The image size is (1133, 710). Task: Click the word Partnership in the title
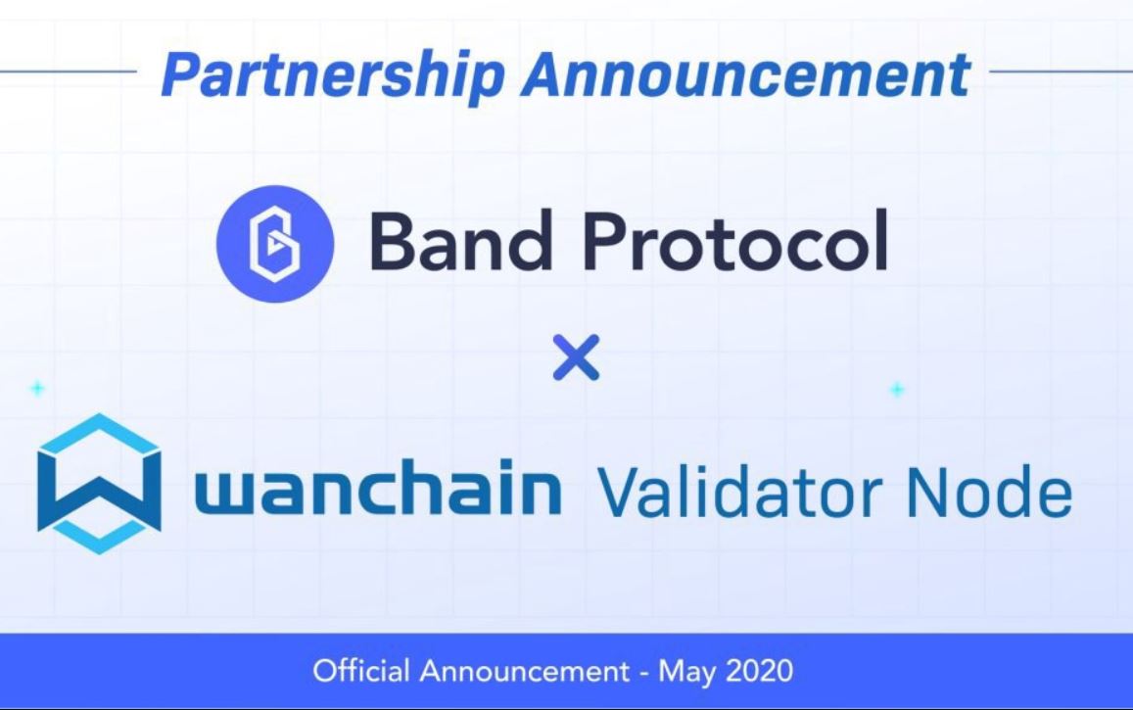[332, 75]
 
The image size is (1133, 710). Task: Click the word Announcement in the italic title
[746, 73]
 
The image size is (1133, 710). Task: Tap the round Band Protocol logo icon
[275, 244]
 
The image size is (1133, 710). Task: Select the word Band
[461, 241]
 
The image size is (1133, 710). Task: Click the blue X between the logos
[576, 356]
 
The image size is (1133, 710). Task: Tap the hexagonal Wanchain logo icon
[99, 483]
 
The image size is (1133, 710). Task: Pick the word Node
[989, 492]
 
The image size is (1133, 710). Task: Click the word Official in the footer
[361, 671]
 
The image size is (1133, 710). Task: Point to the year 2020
[759, 671]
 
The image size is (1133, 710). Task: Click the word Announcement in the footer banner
[525, 672]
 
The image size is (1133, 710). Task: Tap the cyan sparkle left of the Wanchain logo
[37, 389]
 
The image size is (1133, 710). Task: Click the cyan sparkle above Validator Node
[897, 390]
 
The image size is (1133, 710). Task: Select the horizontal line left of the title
[69, 71]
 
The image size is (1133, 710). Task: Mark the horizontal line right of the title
[1061, 71]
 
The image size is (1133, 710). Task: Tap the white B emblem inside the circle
[274, 244]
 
